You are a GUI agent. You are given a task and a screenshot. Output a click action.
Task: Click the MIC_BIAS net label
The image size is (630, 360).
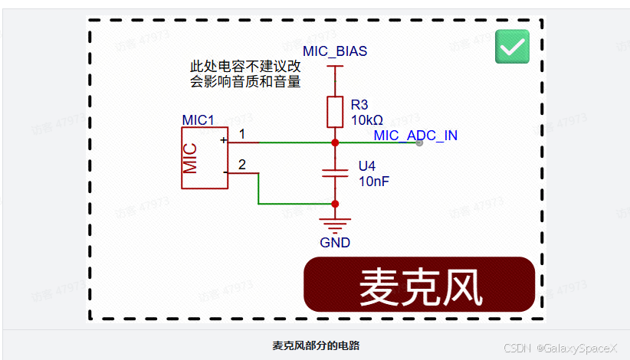[335, 51]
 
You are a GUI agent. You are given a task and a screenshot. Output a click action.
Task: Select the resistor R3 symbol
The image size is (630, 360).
[335, 112]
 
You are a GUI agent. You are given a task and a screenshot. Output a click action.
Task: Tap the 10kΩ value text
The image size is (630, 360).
[367, 120]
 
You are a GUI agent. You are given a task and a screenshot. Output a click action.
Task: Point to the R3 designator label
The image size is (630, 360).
[359, 104]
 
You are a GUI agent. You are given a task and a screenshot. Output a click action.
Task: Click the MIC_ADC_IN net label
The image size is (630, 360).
[415, 136]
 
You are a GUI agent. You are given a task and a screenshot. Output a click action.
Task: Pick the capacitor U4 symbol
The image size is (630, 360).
[335, 172]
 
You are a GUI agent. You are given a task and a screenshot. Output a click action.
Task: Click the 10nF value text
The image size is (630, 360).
[374, 182]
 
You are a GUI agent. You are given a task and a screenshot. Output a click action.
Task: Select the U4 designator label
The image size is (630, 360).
[367, 166]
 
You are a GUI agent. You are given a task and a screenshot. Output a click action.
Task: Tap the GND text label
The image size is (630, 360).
[335, 243]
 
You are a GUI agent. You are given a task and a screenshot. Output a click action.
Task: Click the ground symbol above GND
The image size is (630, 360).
[335, 224]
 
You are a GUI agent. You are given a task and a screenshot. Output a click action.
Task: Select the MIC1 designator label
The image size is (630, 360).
[198, 120]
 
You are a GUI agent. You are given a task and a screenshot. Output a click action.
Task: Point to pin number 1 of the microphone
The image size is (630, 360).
[242, 135]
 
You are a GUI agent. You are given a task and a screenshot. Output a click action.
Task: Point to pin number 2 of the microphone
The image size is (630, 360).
[242, 165]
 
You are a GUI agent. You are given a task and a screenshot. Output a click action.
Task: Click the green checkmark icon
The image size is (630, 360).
[512, 47]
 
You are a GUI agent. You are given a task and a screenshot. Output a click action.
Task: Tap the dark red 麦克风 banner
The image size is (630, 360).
[420, 285]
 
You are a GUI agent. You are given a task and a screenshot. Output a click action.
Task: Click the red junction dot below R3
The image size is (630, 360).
[335, 142]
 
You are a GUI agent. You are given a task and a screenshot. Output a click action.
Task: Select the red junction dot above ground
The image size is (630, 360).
[335, 204]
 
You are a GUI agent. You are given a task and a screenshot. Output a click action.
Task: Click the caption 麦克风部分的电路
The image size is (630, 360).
[316, 345]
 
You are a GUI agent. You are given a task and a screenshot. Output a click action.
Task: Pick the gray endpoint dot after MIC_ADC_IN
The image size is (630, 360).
[419, 142]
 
